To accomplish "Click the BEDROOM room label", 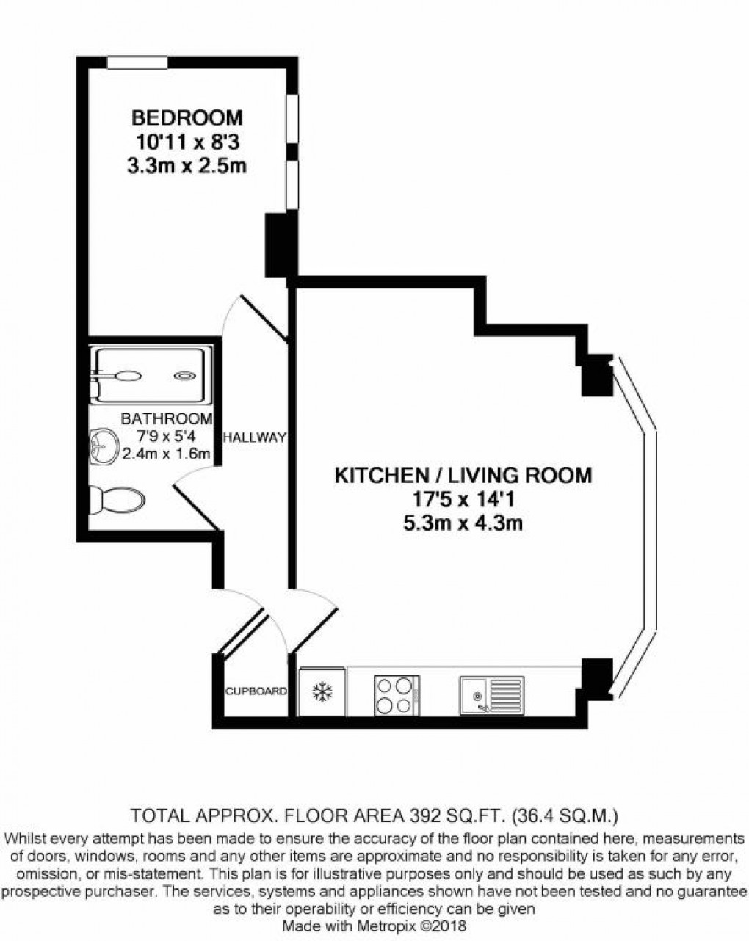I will [187, 117].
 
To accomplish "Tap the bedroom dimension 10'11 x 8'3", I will [187, 142].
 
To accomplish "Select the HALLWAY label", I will [254, 437].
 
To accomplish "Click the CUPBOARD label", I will [256, 691].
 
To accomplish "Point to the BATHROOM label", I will [166, 419].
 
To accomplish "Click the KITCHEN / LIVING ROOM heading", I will [463, 476].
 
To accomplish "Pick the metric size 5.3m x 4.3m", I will [463, 523].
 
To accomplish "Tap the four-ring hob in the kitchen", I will [394, 694].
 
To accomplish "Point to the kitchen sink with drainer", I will [492, 694].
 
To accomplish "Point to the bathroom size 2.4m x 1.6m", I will [166, 454].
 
